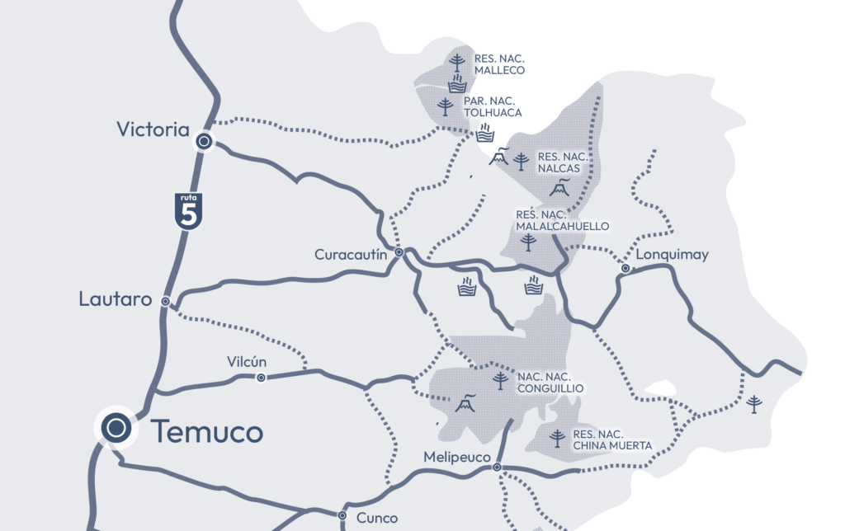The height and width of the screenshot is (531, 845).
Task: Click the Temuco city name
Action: [x=207, y=431]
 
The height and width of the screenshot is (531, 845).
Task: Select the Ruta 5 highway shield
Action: [x=188, y=210]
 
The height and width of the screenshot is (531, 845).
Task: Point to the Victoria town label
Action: [x=153, y=129]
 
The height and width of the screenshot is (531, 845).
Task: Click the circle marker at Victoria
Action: [x=203, y=143]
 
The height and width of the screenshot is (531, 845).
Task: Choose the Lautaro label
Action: [x=116, y=299]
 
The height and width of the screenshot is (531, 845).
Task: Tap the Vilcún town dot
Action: [x=261, y=378]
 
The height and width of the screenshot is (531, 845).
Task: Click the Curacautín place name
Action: [x=351, y=255]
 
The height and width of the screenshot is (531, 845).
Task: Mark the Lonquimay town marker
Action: [x=625, y=269]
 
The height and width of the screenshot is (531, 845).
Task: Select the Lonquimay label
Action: [x=673, y=255]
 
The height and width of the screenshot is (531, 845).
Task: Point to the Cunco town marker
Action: [x=342, y=515]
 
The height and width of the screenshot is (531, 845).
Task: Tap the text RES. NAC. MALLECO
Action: [x=500, y=64]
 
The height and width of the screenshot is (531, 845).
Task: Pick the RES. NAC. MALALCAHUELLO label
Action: [x=563, y=220]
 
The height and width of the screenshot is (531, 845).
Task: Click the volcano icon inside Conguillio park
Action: [x=464, y=404]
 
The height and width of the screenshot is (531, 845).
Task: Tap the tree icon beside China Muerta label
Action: [x=558, y=438]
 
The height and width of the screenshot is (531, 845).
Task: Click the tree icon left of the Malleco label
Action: [x=456, y=62]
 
